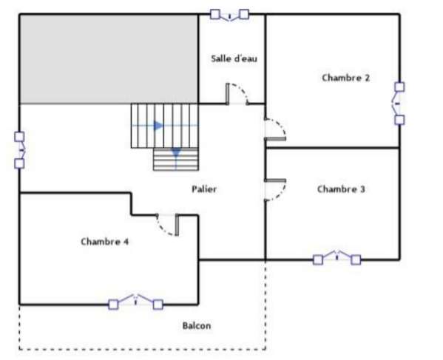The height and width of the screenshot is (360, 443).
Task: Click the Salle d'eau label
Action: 234,58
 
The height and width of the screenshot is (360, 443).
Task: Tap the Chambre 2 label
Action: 346,78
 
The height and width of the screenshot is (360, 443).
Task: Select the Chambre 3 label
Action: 341,189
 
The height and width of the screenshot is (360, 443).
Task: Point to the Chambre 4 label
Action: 105,242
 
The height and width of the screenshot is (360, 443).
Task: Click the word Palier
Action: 204,189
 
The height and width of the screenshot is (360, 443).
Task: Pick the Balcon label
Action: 197,325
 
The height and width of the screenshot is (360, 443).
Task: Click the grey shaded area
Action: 109,58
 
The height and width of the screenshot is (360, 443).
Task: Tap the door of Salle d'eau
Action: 237,94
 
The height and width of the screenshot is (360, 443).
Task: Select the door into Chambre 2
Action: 275,129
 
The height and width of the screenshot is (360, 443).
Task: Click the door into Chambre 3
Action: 275,190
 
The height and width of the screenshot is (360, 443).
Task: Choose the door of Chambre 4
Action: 168,225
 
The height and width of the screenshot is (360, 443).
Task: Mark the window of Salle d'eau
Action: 229,15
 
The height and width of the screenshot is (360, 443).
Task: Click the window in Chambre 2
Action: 399,103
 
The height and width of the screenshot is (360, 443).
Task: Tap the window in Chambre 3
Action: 337,258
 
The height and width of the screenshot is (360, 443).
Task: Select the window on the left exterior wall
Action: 20,150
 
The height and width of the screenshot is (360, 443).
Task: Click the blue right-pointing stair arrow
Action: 158,126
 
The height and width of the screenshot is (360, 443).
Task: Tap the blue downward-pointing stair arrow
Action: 176,153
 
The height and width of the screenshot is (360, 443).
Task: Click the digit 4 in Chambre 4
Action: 126,242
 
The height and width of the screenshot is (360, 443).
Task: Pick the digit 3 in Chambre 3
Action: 362,189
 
